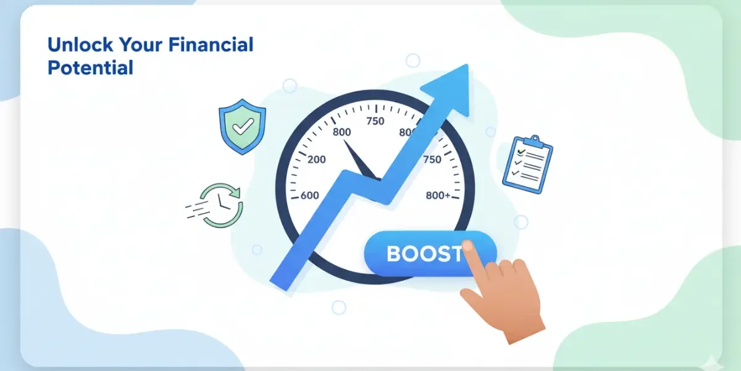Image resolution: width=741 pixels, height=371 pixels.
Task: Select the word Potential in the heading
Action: [90, 67]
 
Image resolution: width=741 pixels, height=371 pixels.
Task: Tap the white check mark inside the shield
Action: [242, 127]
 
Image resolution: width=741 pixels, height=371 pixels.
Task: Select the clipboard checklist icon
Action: [527, 162]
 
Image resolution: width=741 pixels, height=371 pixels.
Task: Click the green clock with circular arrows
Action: [224, 204]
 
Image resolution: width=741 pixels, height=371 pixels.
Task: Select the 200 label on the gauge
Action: [316, 160]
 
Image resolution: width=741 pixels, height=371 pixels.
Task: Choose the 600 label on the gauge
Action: [309, 195]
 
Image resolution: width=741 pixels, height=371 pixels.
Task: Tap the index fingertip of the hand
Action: [468, 246]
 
